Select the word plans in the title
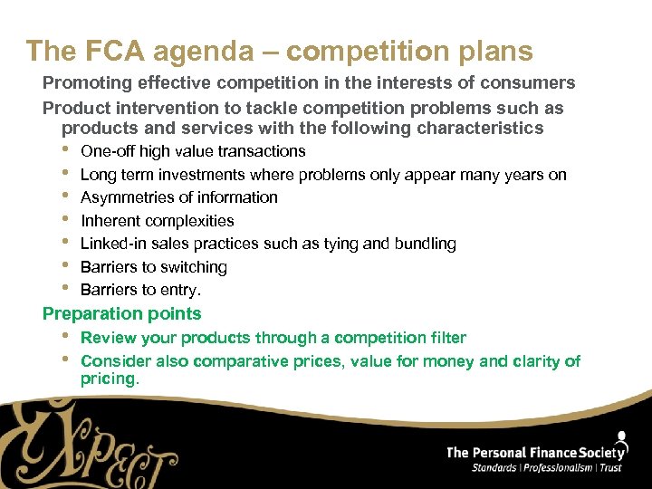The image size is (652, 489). point(489,51)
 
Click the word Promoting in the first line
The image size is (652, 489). point(87,83)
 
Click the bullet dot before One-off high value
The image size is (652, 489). point(65,149)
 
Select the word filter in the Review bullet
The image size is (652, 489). point(444,338)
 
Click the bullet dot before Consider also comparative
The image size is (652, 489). point(65,359)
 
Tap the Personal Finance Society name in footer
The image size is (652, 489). point(537,452)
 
